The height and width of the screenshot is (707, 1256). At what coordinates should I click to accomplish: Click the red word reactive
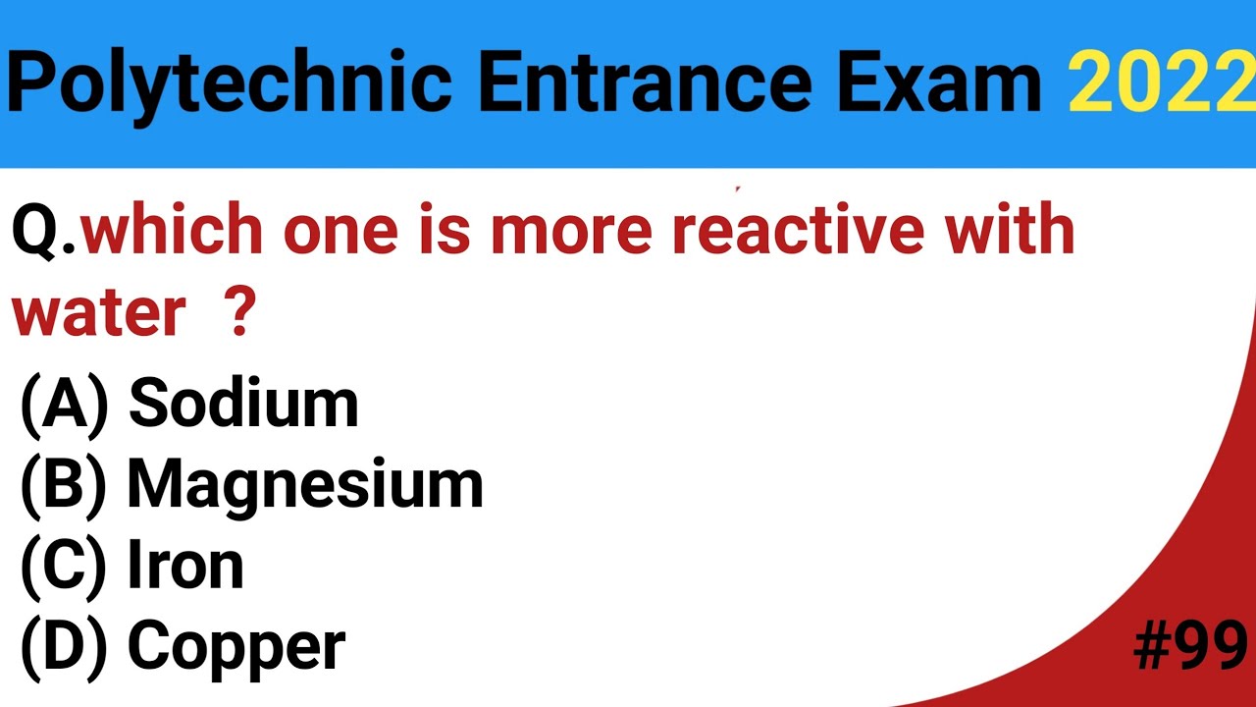pyautogui.click(x=797, y=230)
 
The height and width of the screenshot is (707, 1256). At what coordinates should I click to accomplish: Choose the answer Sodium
pyautogui.click(x=243, y=403)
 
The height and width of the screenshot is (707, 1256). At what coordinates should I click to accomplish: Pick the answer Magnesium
pyautogui.click(x=305, y=484)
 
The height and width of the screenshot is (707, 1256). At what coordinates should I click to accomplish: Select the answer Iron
pyautogui.click(x=185, y=566)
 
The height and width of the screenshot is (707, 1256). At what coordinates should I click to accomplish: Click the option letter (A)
pyautogui.click(x=64, y=404)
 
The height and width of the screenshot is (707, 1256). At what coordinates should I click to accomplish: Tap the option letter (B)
pyautogui.click(x=64, y=485)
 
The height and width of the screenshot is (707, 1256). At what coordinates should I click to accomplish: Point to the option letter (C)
pyautogui.click(x=64, y=567)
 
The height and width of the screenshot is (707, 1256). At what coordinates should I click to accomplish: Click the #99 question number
pyautogui.click(x=1190, y=646)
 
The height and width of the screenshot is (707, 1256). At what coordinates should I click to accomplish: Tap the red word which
pyautogui.click(x=173, y=230)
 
